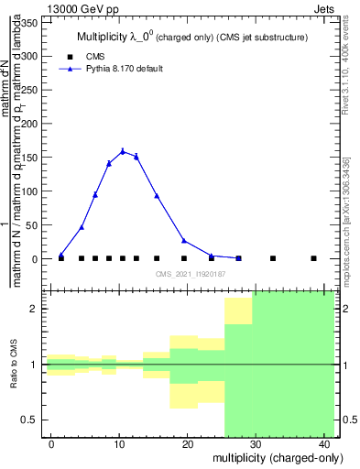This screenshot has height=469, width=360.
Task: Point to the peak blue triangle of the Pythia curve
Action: (123, 151)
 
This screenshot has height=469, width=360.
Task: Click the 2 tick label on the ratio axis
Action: (37, 309)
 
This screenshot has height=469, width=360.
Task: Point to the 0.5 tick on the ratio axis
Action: (33, 420)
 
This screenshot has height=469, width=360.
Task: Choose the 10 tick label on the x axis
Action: (119, 444)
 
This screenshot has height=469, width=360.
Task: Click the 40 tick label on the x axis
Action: (324, 444)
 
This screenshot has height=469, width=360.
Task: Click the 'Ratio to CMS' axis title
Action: (15, 365)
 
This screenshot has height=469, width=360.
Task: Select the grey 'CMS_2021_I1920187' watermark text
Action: (190, 274)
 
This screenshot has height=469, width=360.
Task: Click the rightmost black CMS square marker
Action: (313, 258)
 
